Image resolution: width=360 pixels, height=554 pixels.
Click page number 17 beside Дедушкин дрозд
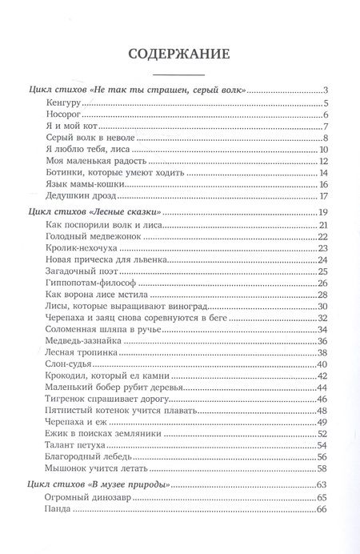[x=326, y=196]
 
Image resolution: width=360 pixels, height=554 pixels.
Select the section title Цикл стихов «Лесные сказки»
[x=100, y=211]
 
